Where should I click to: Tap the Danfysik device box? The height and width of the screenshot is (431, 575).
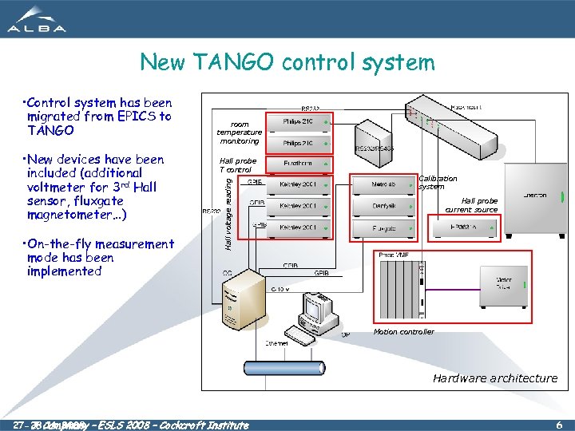382,206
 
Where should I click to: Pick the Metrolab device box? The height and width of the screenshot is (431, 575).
382,184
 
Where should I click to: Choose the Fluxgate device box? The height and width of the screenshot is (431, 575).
382,227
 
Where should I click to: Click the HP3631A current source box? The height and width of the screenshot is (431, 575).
463,227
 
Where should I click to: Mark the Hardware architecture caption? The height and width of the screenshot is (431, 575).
495,378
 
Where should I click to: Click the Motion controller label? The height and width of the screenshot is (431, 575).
404,331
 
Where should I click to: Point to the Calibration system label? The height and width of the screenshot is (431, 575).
438,183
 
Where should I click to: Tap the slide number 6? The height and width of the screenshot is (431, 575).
558,425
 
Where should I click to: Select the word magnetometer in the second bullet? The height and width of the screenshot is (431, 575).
64,215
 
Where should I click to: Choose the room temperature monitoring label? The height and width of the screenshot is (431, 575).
239,132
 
